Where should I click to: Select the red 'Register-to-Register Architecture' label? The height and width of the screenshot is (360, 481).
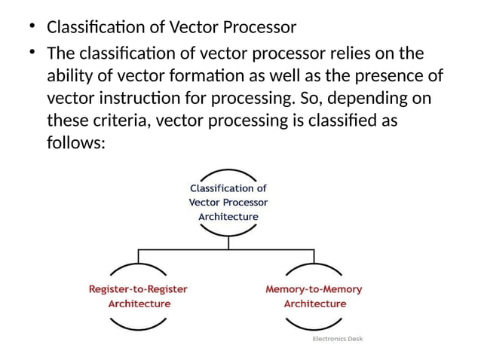pyautogui.click(x=139, y=296)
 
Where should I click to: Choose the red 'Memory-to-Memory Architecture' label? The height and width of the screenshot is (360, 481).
pyautogui.click(x=314, y=296)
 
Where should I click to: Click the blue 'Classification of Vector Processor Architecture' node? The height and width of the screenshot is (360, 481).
pyautogui.click(x=228, y=202)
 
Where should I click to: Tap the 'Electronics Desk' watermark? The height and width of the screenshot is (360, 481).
pyautogui.click(x=337, y=339)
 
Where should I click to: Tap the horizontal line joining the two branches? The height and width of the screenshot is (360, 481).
pyautogui.click(x=226, y=247)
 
